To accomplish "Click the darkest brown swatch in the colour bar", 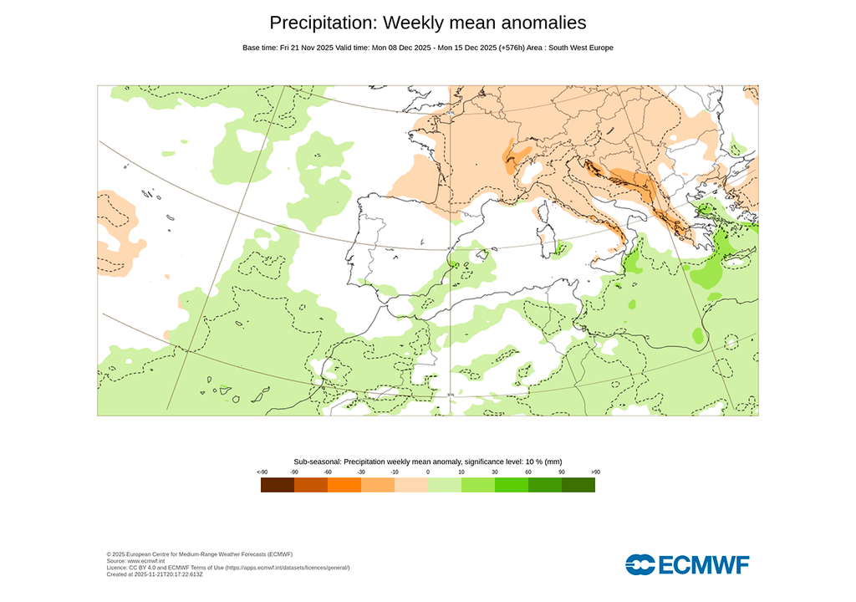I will point(278,484).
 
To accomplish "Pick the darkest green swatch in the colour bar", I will point(578,484).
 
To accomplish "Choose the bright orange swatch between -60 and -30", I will point(344,484).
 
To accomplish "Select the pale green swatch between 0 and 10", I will point(445,484).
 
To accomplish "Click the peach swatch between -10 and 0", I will point(411,484).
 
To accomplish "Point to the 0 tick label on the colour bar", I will point(428,472).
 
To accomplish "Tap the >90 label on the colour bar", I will point(595,472).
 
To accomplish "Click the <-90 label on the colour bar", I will point(262,472).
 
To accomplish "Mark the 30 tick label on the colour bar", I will point(495,472).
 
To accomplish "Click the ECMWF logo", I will point(687,564).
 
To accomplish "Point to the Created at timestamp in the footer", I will point(155,574).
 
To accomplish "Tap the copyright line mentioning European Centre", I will point(200,554).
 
